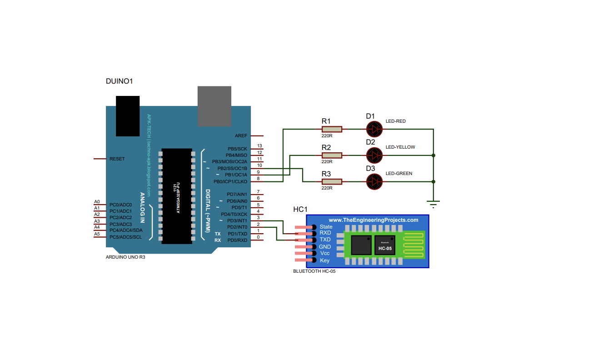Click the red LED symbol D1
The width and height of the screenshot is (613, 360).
pos(374,129)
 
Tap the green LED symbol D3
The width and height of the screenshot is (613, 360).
pos(374,182)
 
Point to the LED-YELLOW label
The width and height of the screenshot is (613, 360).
pos(400,147)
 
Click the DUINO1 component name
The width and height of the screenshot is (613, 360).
pos(119,81)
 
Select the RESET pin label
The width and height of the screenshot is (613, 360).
pos(117,159)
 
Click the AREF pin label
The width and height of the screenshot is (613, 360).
pos(241,136)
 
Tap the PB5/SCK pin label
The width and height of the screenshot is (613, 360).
pos(237,149)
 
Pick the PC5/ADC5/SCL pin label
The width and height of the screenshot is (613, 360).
pos(125,237)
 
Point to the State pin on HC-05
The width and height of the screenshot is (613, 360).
pos(326,227)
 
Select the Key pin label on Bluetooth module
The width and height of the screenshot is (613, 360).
pos(324,260)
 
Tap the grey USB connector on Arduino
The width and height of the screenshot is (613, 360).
pos(214,106)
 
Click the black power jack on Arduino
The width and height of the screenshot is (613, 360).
pos(127,116)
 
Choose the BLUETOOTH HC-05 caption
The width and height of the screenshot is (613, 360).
pos(314,271)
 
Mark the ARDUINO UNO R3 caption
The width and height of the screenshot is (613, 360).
pos(125,257)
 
